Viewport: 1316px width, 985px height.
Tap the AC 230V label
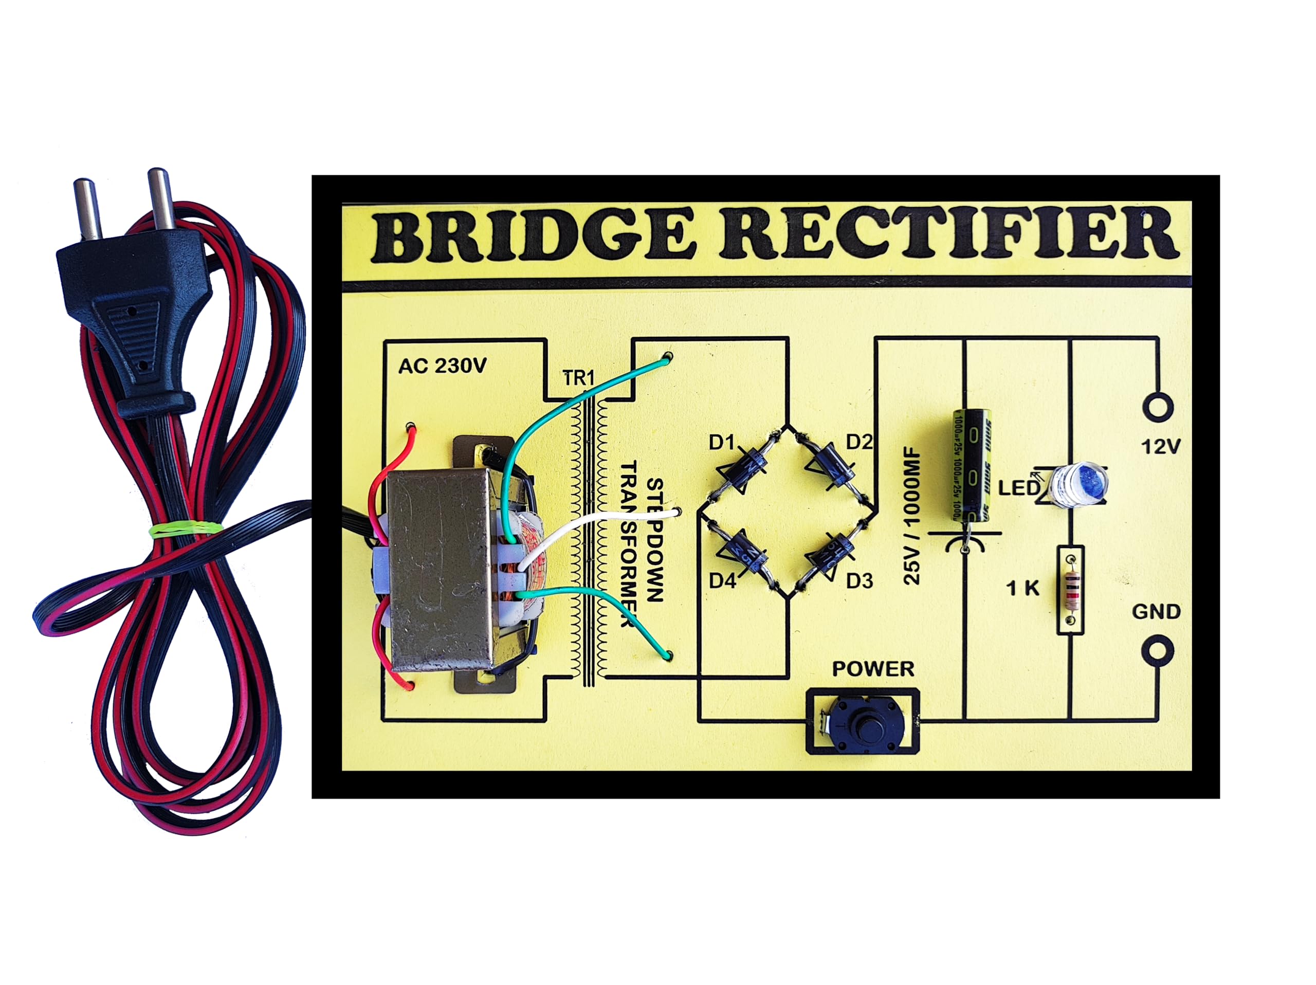(442, 366)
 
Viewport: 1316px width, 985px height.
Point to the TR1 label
(578, 378)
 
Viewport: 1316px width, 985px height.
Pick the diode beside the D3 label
(831, 555)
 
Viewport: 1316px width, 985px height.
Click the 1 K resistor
(1070, 591)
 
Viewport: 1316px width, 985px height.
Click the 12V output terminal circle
(1158, 408)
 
